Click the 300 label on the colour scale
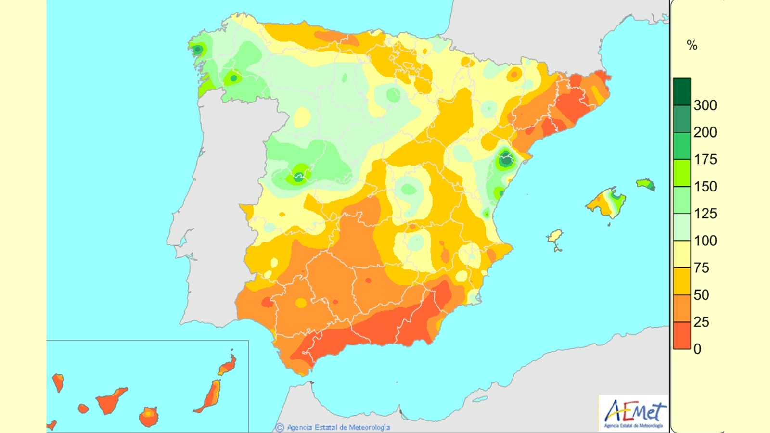point(705,105)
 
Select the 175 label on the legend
point(705,159)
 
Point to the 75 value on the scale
point(701,268)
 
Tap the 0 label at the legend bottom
point(697,349)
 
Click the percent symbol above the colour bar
point(692,46)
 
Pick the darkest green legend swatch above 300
point(681,91)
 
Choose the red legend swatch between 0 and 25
point(681,335)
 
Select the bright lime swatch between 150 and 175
point(681,173)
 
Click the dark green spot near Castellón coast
point(505,159)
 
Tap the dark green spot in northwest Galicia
point(197,50)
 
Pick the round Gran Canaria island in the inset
point(148,417)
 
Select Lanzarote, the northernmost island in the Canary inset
point(228,365)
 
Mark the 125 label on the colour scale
point(705,214)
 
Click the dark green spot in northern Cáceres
point(299,177)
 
